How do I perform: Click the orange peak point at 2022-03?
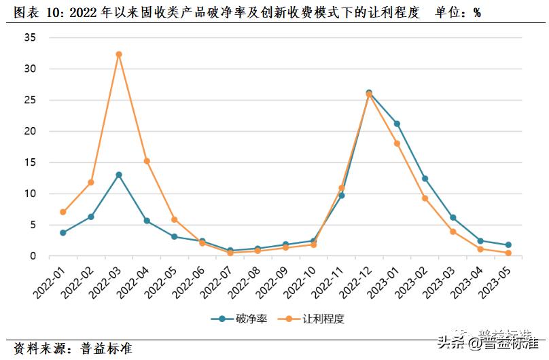click(x=118, y=54)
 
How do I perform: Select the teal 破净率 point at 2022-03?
click(x=118, y=175)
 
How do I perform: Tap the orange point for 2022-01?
click(x=63, y=212)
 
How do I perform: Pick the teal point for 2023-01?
click(x=397, y=124)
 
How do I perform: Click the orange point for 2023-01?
click(x=397, y=143)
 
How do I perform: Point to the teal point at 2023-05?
click(x=508, y=245)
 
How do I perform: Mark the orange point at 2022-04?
click(x=146, y=161)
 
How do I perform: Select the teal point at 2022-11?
click(x=341, y=195)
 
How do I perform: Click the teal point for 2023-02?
click(x=425, y=179)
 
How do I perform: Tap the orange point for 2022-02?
click(x=90, y=182)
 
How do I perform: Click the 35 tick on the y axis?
click(x=29, y=37)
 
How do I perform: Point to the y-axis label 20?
click(x=29, y=131)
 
